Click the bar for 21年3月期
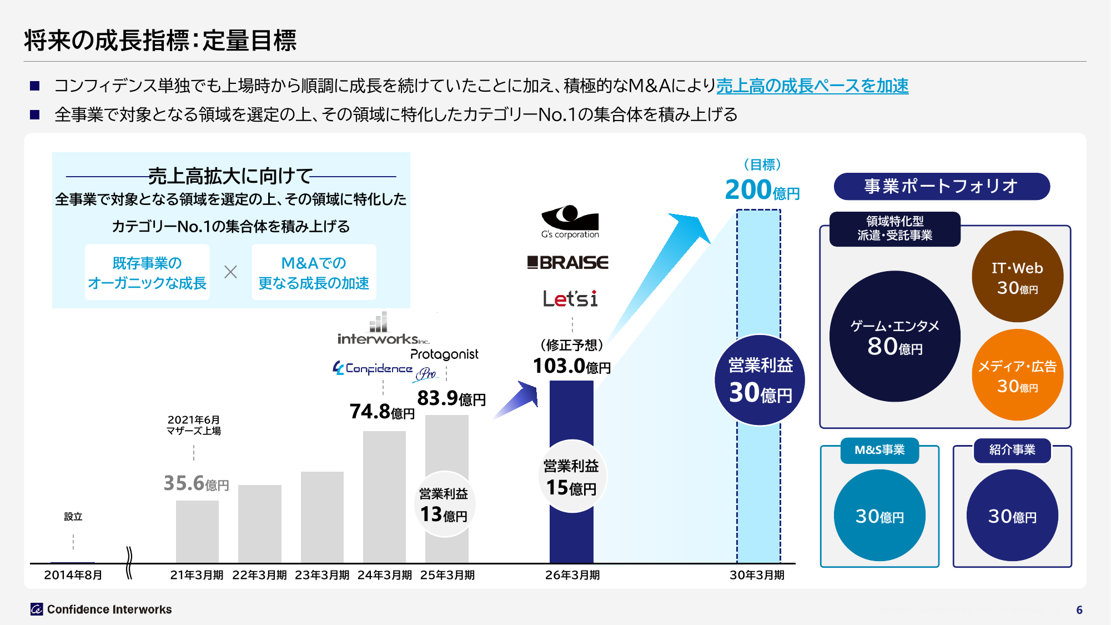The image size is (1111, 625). (197, 531)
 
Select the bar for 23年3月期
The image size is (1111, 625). (322, 517)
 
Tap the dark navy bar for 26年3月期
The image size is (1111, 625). (571, 411)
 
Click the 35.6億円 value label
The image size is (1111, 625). (196, 483)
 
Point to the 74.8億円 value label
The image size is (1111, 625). (382, 412)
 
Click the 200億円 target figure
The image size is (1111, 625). (762, 190)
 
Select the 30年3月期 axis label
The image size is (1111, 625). (757, 575)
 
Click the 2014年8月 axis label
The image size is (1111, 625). (73, 575)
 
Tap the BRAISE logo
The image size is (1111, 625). (567, 262)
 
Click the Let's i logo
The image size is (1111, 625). (570, 299)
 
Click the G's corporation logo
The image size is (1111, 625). (570, 222)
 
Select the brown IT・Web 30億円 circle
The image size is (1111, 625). (1017, 277)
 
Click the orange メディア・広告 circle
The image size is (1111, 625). (1017, 375)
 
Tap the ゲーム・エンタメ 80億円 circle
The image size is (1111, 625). (894, 337)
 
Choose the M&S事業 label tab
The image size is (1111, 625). (879, 450)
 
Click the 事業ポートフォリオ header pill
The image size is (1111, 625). (941, 186)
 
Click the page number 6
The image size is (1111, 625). (1079, 609)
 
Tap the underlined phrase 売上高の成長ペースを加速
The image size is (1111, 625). (812, 86)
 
